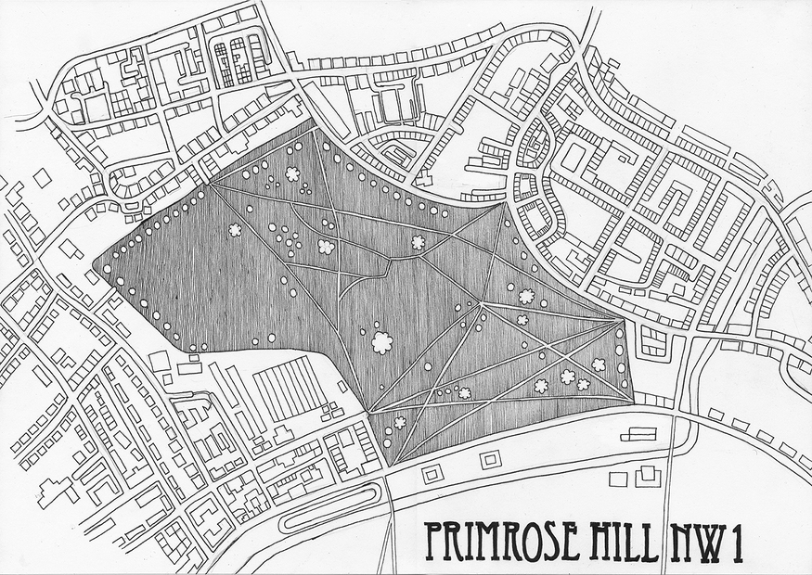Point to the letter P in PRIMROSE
[x=433, y=543]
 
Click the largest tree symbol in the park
[x=381, y=342]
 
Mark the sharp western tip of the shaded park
[x=95, y=270]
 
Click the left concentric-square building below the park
[x=432, y=474]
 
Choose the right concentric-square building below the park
[x=490, y=459]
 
